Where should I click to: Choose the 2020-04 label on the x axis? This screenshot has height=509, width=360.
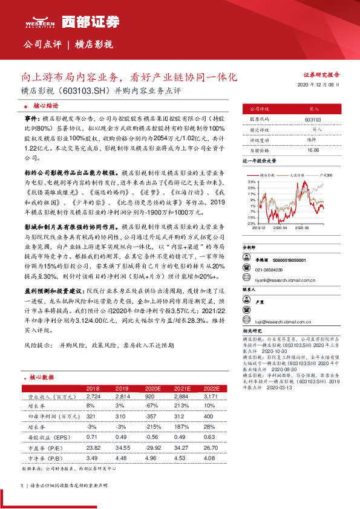280,228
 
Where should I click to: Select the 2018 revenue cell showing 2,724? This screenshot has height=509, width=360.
93,397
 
